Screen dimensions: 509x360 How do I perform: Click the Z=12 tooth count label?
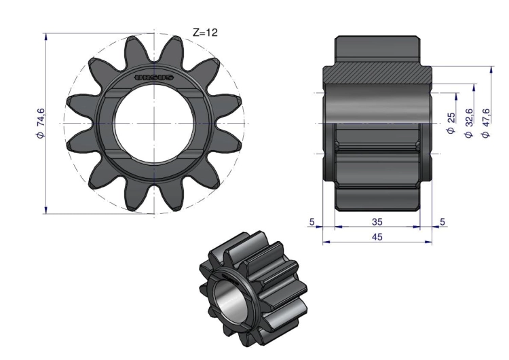[205, 33]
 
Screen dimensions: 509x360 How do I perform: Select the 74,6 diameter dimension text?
[41, 124]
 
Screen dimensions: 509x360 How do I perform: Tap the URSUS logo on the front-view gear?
[154, 77]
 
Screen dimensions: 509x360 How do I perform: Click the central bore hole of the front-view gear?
[154, 124]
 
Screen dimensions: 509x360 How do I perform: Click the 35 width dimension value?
[377, 222]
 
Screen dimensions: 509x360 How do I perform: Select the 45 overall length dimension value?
[377, 237]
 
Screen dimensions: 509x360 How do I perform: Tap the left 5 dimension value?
[312, 222]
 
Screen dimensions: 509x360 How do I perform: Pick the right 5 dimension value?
[442, 222]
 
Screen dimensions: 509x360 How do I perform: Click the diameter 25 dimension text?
[451, 123]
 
